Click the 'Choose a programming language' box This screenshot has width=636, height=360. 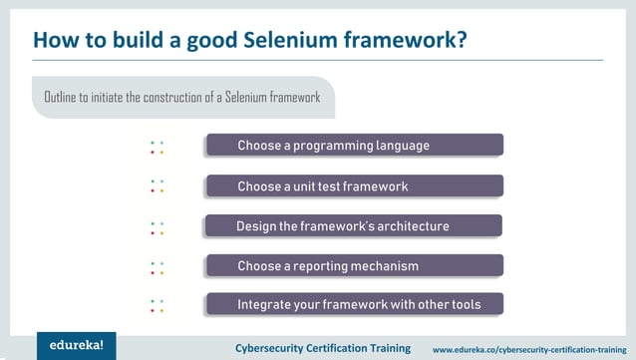tap(354, 146)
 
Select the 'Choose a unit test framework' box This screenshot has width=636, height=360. tap(354, 186)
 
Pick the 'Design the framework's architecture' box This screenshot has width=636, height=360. tap(354, 226)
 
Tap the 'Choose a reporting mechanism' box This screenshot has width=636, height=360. tap(354, 266)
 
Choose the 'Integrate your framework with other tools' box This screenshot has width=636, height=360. tap(354, 304)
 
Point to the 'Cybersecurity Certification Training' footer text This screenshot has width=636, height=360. tap(322, 348)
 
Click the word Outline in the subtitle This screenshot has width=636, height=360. tap(61, 97)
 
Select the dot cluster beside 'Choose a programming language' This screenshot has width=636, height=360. tap(157, 148)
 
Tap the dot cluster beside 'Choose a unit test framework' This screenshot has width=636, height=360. tap(157, 186)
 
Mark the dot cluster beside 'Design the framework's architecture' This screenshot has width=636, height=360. tap(157, 228)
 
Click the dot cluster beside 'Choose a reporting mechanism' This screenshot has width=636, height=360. tap(157, 267)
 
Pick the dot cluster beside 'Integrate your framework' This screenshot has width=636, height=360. tap(157, 305)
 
